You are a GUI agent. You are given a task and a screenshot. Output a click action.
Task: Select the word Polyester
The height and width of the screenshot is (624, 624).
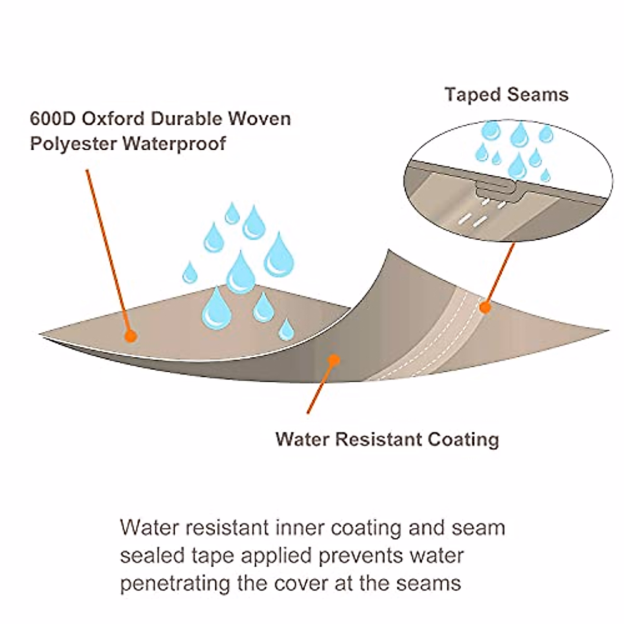72,143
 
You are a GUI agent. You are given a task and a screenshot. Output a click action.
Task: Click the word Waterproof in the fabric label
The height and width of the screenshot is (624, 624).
174,143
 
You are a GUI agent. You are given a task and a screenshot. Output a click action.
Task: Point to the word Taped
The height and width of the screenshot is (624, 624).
471,95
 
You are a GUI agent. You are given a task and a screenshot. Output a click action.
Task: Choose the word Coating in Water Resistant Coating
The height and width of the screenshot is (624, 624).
463,439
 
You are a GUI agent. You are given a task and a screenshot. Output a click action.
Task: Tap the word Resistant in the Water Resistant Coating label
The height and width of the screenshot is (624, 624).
379,439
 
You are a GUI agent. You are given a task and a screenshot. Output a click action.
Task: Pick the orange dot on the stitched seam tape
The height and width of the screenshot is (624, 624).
485,307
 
